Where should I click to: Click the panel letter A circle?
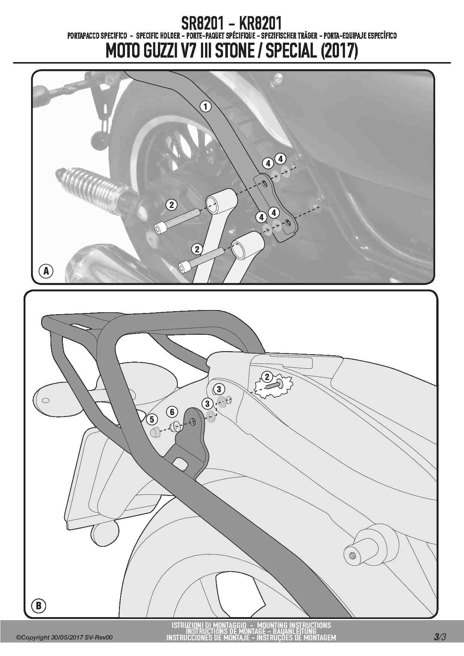coord(46,270)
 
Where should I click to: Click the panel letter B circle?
coord(39,605)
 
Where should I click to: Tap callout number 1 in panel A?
coord(205,106)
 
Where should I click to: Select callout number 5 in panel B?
coord(152,419)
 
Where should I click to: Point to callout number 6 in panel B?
coord(172,412)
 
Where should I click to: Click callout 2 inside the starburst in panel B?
coord(267,377)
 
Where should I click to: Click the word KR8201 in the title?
coord(260,23)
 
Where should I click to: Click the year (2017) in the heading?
coord(339,51)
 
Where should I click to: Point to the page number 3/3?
coord(440,637)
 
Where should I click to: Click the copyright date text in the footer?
coord(64,637)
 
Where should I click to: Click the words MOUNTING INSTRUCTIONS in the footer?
coord(294,625)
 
